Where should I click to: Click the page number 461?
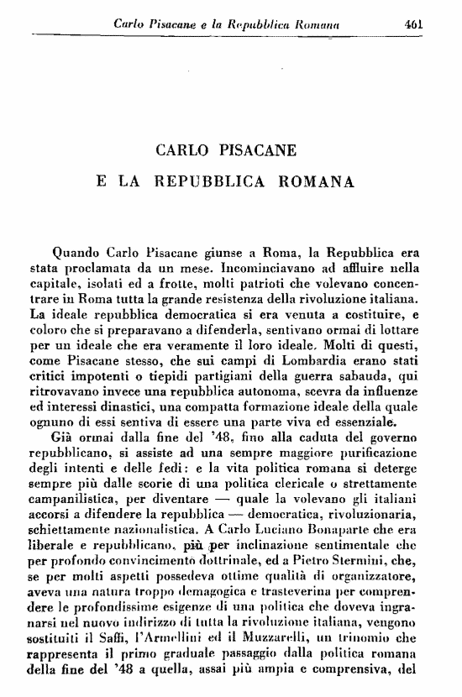click(x=412, y=25)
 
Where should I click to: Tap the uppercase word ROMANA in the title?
click(x=318, y=180)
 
